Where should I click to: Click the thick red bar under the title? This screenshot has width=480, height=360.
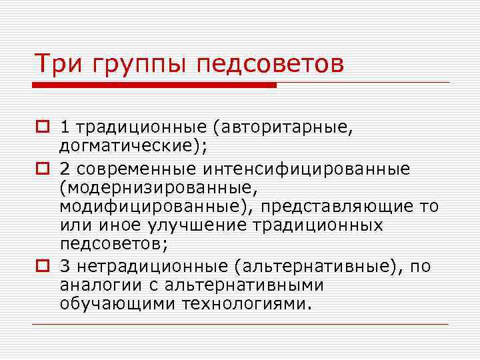[155, 85]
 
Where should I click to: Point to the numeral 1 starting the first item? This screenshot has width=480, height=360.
[63, 127]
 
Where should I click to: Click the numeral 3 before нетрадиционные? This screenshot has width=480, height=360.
[64, 267]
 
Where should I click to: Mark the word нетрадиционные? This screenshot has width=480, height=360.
[151, 267]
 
